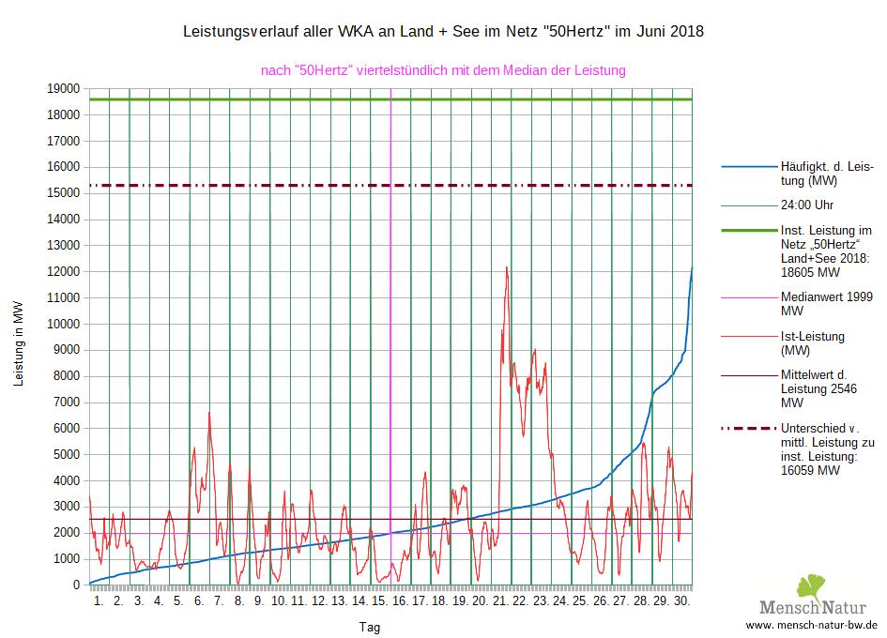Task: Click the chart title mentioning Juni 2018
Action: (x=442, y=32)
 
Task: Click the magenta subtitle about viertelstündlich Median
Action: (x=443, y=70)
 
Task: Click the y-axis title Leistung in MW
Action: (x=19, y=343)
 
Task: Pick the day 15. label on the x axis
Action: (x=379, y=600)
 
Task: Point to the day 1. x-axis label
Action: (x=99, y=600)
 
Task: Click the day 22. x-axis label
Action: (x=520, y=600)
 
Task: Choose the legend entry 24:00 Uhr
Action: (x=807, y=205)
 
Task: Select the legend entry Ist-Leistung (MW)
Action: (x=813, y=343)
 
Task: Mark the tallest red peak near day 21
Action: (x=507, y=268)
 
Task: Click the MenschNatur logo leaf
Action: (x=811, y=588)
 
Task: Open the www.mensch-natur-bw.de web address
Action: (x=811, y=624)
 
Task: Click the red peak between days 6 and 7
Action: (x=208, y=413)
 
